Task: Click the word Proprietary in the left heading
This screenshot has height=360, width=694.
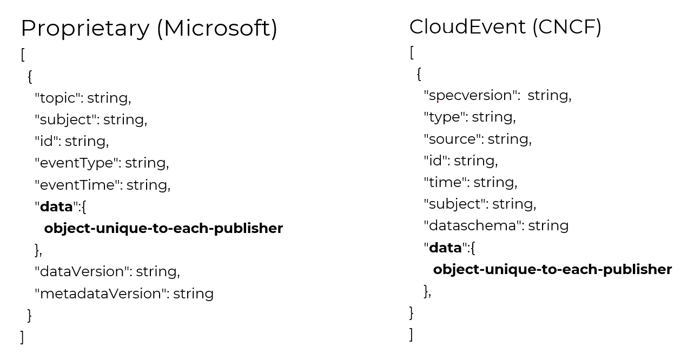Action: click(85, 29)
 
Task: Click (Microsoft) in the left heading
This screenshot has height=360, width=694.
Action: click(217, 29)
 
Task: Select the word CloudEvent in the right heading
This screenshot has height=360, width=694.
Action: click(467, 26)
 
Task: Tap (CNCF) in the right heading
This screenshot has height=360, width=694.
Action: click(566, 26)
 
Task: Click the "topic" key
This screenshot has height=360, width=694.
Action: click(58, 98)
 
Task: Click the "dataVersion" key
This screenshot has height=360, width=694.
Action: click(83, 271)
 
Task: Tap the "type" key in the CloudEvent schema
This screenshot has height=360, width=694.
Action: click(445, 117)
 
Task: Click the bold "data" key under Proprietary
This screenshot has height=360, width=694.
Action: click(57, 206)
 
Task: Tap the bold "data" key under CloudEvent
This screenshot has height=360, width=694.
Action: click(446, 248)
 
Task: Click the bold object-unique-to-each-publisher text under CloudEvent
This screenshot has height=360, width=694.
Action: click(552, 269)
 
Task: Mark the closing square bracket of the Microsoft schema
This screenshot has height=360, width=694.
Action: click(22, 337)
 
